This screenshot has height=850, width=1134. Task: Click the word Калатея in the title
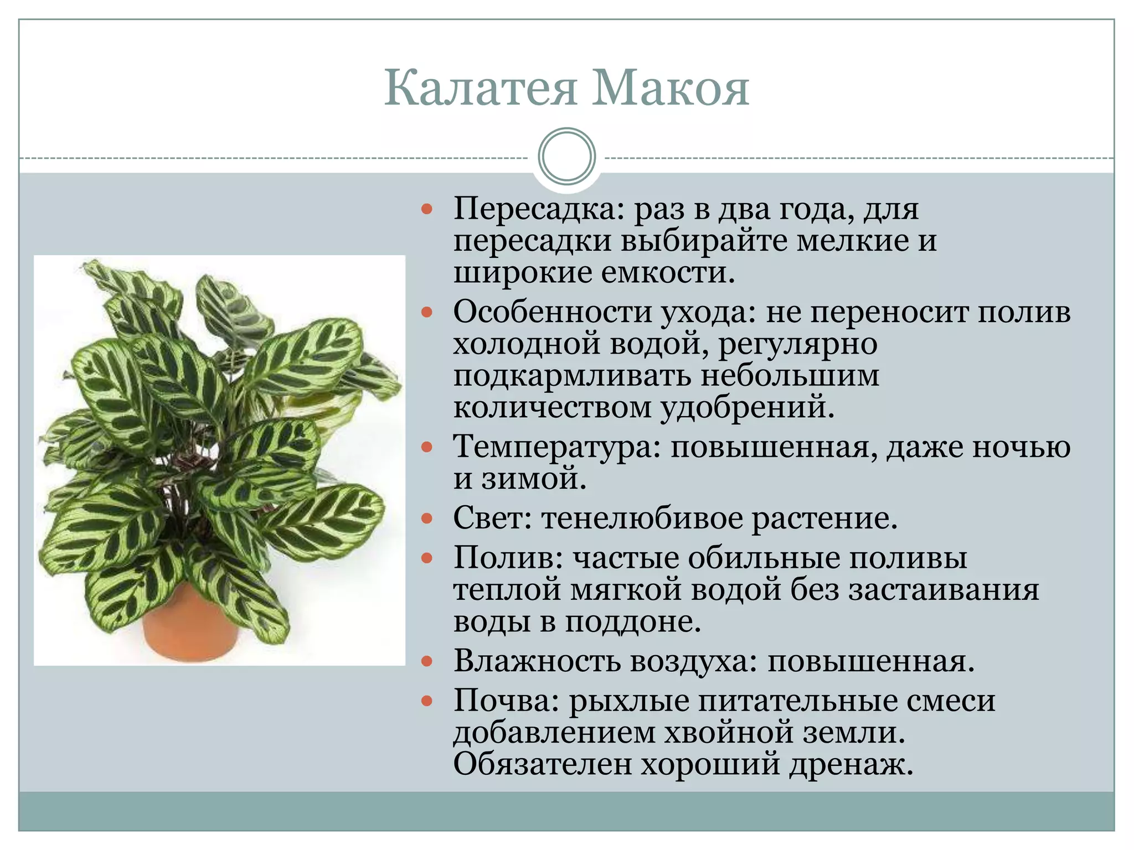tap(481, 89)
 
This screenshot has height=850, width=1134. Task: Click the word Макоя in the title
tap(671, 89)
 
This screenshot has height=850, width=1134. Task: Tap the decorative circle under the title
tap(566, 156)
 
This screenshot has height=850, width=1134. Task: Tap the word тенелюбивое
tap(642, 519)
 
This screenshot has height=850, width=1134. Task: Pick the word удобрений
tap(748, 407)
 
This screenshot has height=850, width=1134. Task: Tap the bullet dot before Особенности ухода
tap(426, 313)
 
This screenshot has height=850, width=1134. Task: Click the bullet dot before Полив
tap(426, 558)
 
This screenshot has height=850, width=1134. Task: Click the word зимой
tap(533, 479)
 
